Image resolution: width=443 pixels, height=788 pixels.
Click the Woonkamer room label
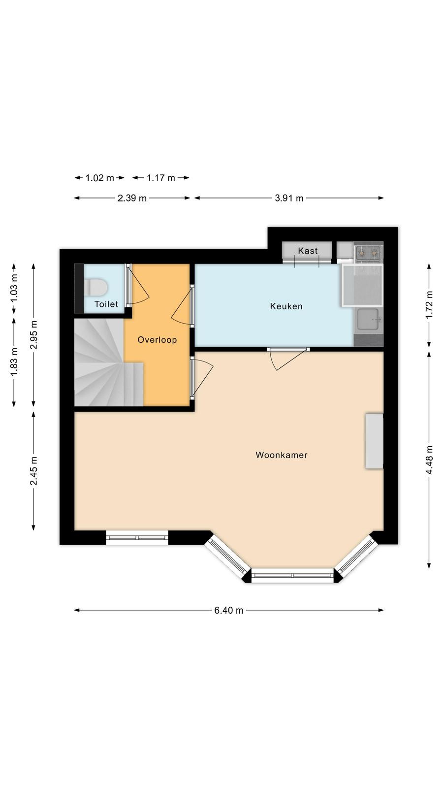[281, 455]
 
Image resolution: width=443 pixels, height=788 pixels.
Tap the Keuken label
[286, 306]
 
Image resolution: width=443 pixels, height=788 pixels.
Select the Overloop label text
[157, 340]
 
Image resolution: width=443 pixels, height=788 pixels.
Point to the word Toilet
[106, 304]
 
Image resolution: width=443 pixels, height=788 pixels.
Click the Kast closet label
[308, 251]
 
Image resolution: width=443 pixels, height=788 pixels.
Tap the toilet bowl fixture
[95, 286]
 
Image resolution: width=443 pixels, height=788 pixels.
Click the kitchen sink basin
[368, 320]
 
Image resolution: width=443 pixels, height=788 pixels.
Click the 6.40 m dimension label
[228, 610]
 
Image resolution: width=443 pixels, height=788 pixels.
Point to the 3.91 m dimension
[288, 198]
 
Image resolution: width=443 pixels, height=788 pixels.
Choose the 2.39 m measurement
[132, 198]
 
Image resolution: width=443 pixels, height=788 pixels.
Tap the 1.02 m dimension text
[100, 178]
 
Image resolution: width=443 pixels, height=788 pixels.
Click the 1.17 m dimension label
[160, 178]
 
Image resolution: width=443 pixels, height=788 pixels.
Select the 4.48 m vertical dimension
[429, 460]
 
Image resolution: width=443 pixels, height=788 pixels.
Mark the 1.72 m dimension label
[429, 305]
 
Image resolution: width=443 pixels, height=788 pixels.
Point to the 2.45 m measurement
[34, 471]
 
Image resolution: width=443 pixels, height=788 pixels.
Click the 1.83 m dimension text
[14, 361]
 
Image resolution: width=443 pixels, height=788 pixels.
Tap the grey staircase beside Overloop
[105, 362]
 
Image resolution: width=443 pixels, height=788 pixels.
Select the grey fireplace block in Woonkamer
[374, 441]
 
